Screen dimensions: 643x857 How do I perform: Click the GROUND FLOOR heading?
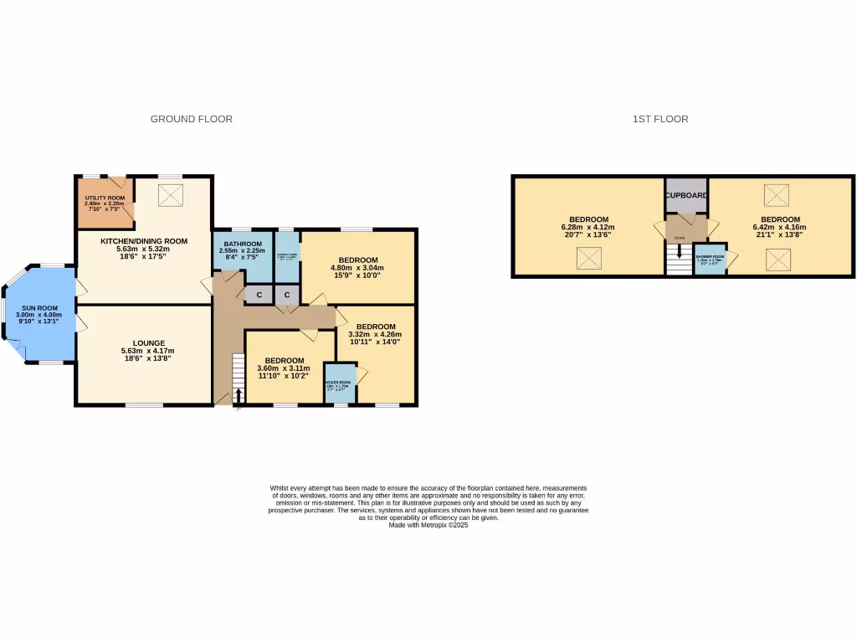[191, 119]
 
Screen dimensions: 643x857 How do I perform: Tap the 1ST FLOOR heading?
[660, 119]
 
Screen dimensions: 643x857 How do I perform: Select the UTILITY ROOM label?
[105, 198]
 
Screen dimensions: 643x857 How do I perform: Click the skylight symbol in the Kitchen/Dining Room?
[171, 195]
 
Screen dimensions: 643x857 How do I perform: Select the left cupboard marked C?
[259, 295]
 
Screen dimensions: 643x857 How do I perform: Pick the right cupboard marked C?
[287, 295]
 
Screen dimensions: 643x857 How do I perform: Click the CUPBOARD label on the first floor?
[687, 195]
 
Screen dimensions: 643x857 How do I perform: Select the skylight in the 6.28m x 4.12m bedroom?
[588, 260]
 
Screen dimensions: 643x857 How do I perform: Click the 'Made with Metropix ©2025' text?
[428, 525]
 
